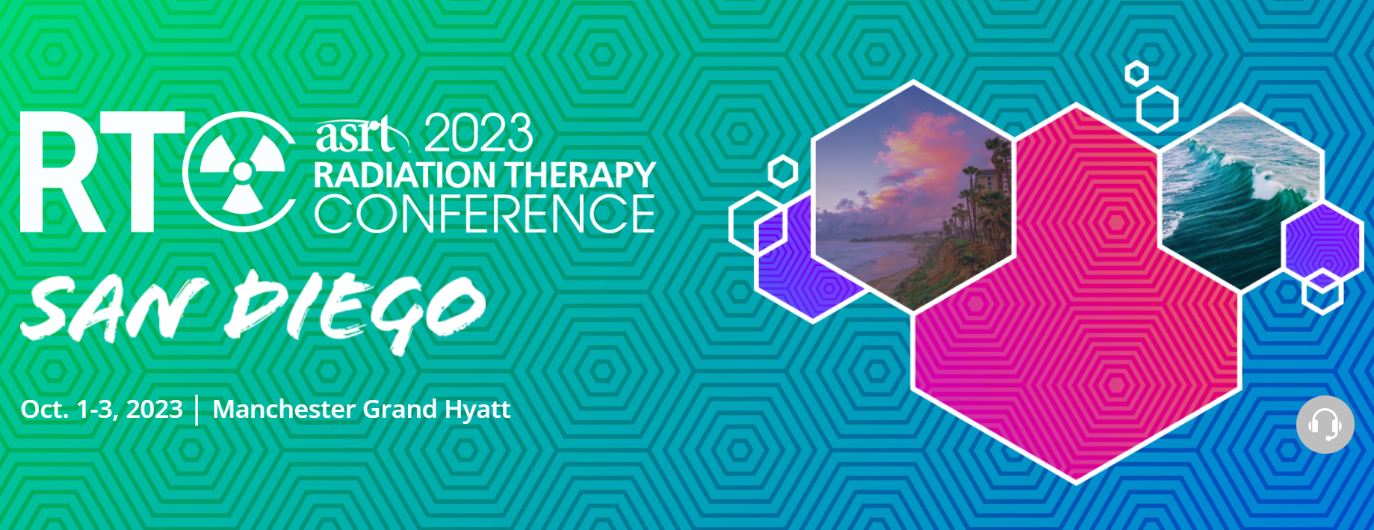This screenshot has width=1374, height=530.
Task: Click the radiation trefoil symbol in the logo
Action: click(242, 171)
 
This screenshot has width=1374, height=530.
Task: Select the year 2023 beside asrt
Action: click(479, 133)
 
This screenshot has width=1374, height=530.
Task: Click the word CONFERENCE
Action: click(484, 214)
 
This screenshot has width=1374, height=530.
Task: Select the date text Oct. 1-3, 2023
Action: click(102, 409)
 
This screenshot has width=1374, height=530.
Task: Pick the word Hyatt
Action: click(477, 410)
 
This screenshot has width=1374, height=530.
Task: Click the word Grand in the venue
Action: click(400, 409)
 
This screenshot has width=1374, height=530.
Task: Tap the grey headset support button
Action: click(1325, 425)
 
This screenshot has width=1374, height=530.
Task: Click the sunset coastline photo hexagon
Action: click(913, 196)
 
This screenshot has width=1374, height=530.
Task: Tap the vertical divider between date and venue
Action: click(197, 410)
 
